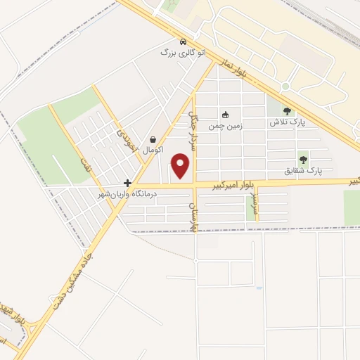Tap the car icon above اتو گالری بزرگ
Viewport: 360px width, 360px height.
tap(183, 41)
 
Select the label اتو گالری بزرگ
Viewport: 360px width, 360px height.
tap(175, 53)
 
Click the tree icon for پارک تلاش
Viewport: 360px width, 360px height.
tap(286, 110)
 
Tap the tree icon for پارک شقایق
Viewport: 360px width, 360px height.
tap(303, 159)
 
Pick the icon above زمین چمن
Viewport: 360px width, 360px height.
tap(225, 115)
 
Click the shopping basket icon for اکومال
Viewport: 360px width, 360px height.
tap(153, 139)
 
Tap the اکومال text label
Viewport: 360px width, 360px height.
tap(153, 150)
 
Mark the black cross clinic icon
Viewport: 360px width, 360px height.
tap(127, 182)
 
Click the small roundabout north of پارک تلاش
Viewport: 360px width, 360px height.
tap(285, 86)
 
